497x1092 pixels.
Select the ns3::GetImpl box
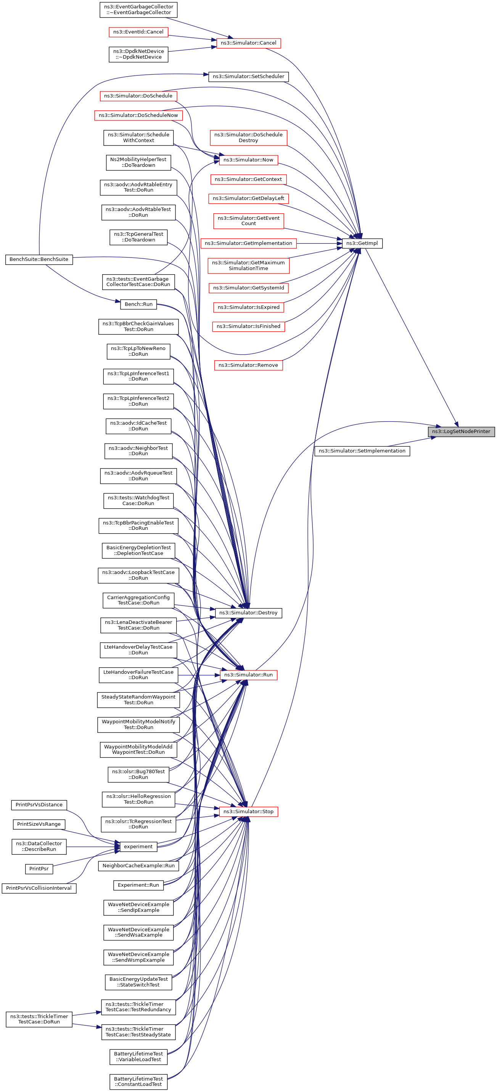click(x=362, y=243)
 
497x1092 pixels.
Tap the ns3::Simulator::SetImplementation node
click(x=362, y=451)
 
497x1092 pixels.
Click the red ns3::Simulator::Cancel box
click(x=248, y=43)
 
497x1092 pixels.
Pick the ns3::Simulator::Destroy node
click(x=248, y=613)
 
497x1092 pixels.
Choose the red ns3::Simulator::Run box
click(x=248, y=675)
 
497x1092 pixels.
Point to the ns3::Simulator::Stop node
click(x=248, y=812)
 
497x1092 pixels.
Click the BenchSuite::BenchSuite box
click(x=39, y=259)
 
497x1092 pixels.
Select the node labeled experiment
click(x=138, y=847)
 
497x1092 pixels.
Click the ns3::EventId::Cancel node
click(x=138, y=32)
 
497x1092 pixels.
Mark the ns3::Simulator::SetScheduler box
click(x=248, y=77)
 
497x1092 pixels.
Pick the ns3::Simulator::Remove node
click(x=248, y=365)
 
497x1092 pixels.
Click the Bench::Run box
click(x=138, y=304)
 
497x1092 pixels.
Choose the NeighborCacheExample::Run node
click(x=138, y=866)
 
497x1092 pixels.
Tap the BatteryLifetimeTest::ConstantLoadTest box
click(x=138, y=1081)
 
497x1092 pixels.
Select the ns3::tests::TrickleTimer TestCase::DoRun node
click(x=39, y=1019)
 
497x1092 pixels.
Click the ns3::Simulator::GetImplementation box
click(x=248, y=243)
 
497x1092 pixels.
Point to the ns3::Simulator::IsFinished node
click(x=248, y=326)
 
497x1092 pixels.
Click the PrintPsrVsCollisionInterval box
click(x=39, y=888)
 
